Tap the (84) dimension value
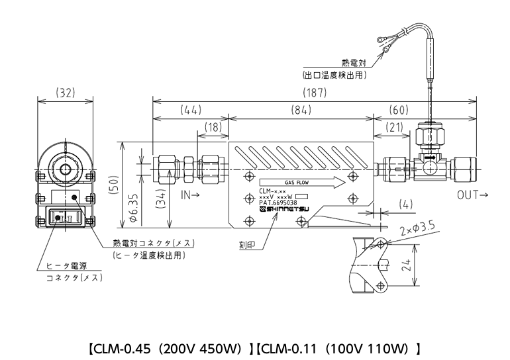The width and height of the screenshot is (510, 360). pyautogui.click(x=301, y=110)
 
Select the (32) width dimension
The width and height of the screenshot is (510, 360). pyautogui.click(x=65, y=93)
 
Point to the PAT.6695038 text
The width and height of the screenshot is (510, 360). pyautogui.click(x=279, y=203)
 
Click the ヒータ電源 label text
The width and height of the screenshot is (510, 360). pyautogui.click(x=66, y=265)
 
